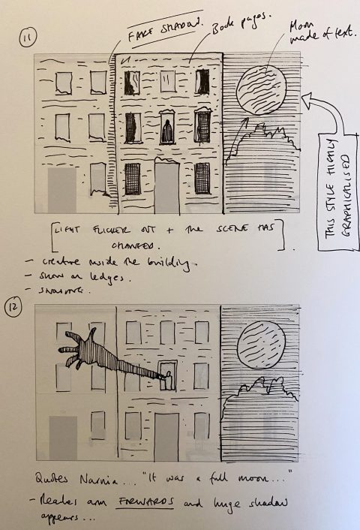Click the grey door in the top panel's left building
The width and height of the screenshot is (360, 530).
tap(63, 189)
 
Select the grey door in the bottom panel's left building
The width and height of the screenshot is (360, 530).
tap(62, 438)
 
